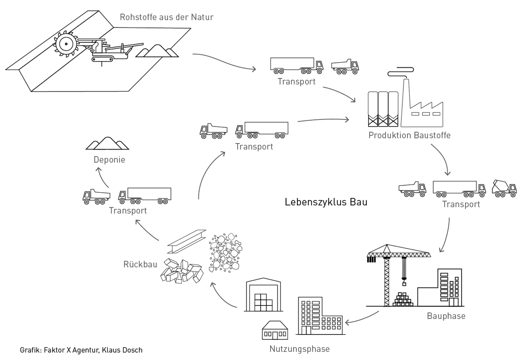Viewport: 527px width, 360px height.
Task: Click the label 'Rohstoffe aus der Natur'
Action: click(x=167, y=17)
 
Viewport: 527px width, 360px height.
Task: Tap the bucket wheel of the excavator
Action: click(x=66, y=44)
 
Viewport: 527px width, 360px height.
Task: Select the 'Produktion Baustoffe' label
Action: click(x=409, y=135)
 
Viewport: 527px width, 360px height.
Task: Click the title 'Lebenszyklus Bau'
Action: click(x=326, y=202)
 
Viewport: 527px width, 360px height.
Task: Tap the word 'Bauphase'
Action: click(x=446, y=316)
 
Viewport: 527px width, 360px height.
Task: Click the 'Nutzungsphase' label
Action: click(x=300, y=349)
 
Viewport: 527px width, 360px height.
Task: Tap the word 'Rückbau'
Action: click(x=140, y=264)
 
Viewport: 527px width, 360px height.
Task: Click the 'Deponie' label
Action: click(x=109, y=160)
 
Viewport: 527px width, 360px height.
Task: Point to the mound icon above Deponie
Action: click(x=107, y=143)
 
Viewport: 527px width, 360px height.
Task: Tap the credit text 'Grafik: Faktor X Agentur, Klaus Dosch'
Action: click(x=81, y=350)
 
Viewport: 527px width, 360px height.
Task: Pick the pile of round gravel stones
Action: click(x=225, y=253)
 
